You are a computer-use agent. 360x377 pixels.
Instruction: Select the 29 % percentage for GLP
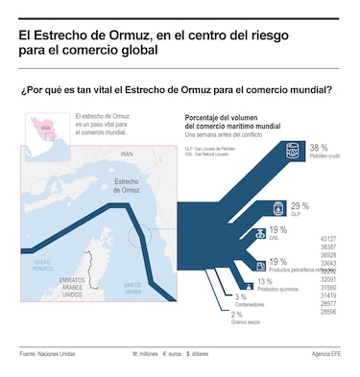tap(300, 205)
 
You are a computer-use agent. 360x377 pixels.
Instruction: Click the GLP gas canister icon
tap(276, 207)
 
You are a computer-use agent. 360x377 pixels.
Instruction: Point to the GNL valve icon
tap(258, 233)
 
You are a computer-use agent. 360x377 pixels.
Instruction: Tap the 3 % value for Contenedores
tap(241, 297)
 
